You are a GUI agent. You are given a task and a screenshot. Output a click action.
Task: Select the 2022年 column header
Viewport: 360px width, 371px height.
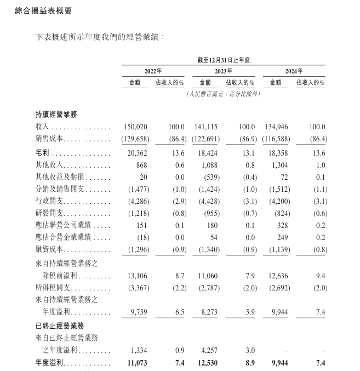(153, 71)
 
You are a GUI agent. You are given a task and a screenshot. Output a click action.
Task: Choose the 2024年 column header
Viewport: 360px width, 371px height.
(294, 71)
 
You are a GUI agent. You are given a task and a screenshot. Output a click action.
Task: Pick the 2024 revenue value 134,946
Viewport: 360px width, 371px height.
(277, 127)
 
